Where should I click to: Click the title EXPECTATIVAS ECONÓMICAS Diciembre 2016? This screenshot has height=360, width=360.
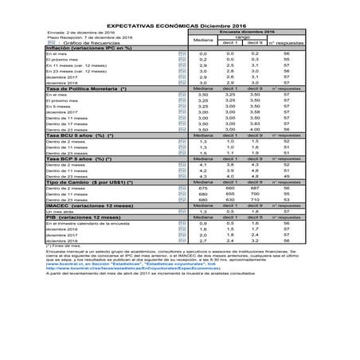(179, 25)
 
